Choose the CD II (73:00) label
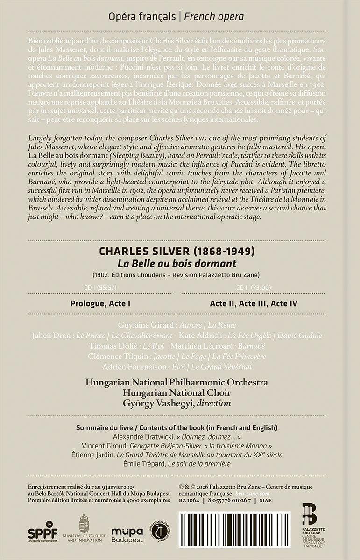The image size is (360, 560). [254, 287]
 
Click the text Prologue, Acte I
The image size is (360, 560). [100, 303]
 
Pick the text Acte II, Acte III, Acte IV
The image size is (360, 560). [254, 303]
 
